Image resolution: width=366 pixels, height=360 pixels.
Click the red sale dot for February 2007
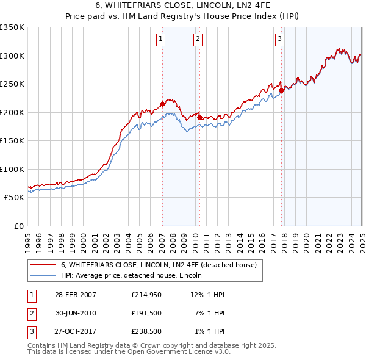click(162, 104)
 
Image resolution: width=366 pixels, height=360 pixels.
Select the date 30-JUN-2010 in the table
click(75, 314)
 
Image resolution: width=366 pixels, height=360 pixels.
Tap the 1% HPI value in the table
click(209, 333)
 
